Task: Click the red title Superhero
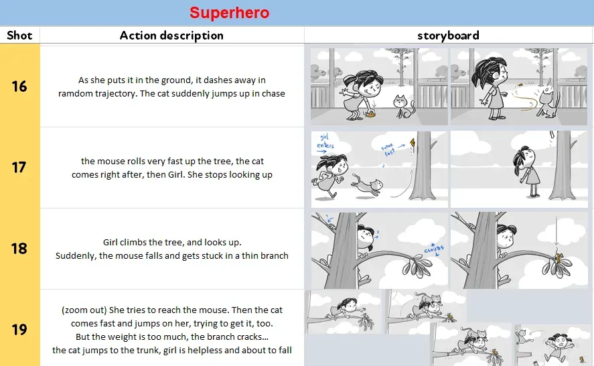[229, 13]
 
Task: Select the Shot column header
[19, 36]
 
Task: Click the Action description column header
[171, 36]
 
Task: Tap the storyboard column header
[448, 36]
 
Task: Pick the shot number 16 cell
[19, 86]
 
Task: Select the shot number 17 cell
[19, 167]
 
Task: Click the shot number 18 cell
[19, 248]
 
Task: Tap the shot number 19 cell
[19, 329]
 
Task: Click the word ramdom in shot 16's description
[75, 93]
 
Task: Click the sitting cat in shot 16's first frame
[403, 107]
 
